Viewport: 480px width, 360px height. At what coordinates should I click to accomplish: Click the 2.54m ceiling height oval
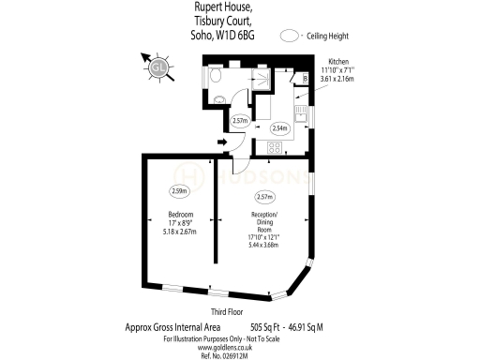[279, 128]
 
